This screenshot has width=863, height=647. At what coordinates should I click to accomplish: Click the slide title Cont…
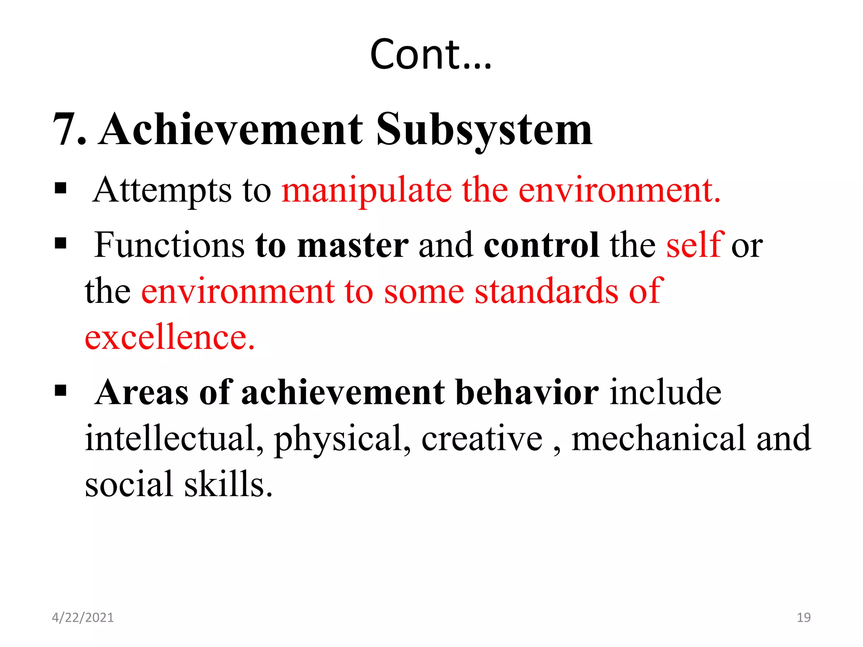pos(431,54)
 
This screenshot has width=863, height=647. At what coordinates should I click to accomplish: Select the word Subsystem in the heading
pos(484,129)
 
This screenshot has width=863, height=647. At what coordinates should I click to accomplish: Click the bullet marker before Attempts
pos(61,188)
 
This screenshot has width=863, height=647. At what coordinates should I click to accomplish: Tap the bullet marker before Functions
pos(61,243)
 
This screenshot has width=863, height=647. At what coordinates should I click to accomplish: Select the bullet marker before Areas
pos(61,390)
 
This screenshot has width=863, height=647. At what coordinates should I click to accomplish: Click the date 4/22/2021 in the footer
pos(83,618)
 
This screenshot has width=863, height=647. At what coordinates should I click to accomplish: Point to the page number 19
pos(804,618)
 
